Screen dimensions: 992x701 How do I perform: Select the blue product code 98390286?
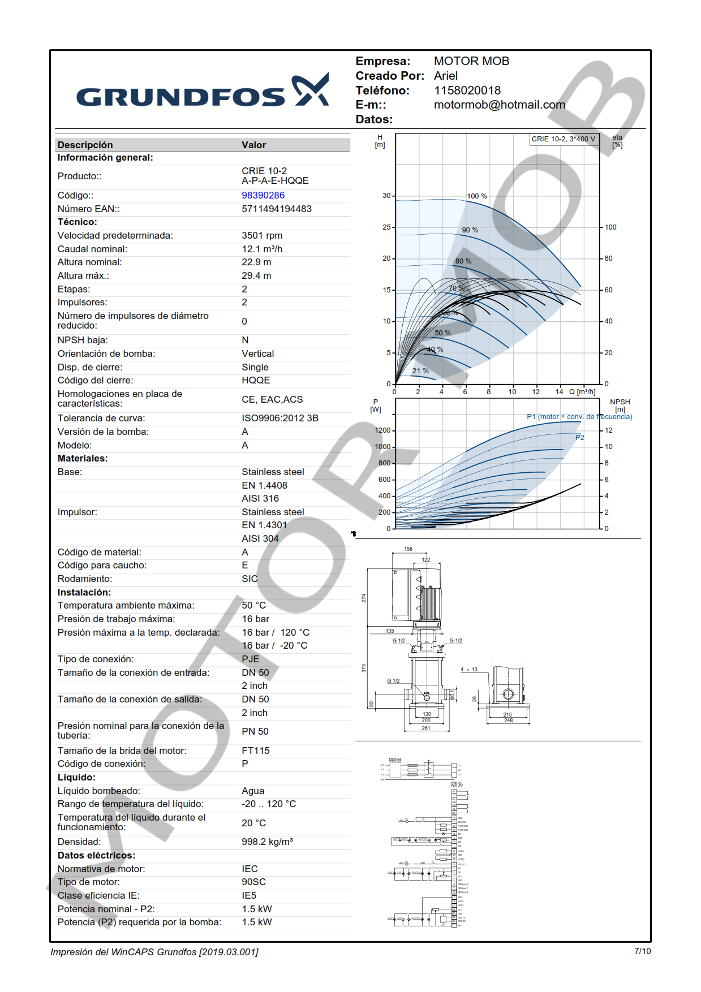click(263, 195)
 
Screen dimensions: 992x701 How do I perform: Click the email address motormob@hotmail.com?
click(499, 105)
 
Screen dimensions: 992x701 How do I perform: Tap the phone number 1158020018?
click(467, 90)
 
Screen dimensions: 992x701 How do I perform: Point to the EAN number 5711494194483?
click(277, 209)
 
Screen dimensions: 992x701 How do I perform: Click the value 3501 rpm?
click(262, 235)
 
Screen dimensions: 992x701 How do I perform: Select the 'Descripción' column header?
click(85, 145)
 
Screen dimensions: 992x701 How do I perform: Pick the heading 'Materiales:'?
click(83, 458)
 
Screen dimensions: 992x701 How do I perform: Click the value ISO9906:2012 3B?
click(280, 418)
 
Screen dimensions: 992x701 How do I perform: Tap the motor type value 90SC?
click(253, 882)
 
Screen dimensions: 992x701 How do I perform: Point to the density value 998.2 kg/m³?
click(267, 842)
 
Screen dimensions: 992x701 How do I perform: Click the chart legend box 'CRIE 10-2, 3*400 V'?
click(563, 139)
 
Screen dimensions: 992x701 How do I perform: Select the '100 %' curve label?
click(476, 196)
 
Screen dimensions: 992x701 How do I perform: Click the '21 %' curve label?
click(420, 371)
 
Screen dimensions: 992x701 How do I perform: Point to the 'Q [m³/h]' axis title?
click(582, 392)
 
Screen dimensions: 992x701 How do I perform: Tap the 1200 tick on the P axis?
click(382, 430)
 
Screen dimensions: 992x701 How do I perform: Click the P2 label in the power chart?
click(579, 438)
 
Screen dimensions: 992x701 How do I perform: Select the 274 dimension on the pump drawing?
click(364, 598)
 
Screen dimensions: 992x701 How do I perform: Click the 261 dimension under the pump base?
click(425, 728)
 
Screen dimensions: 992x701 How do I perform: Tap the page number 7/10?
click(642, 951)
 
